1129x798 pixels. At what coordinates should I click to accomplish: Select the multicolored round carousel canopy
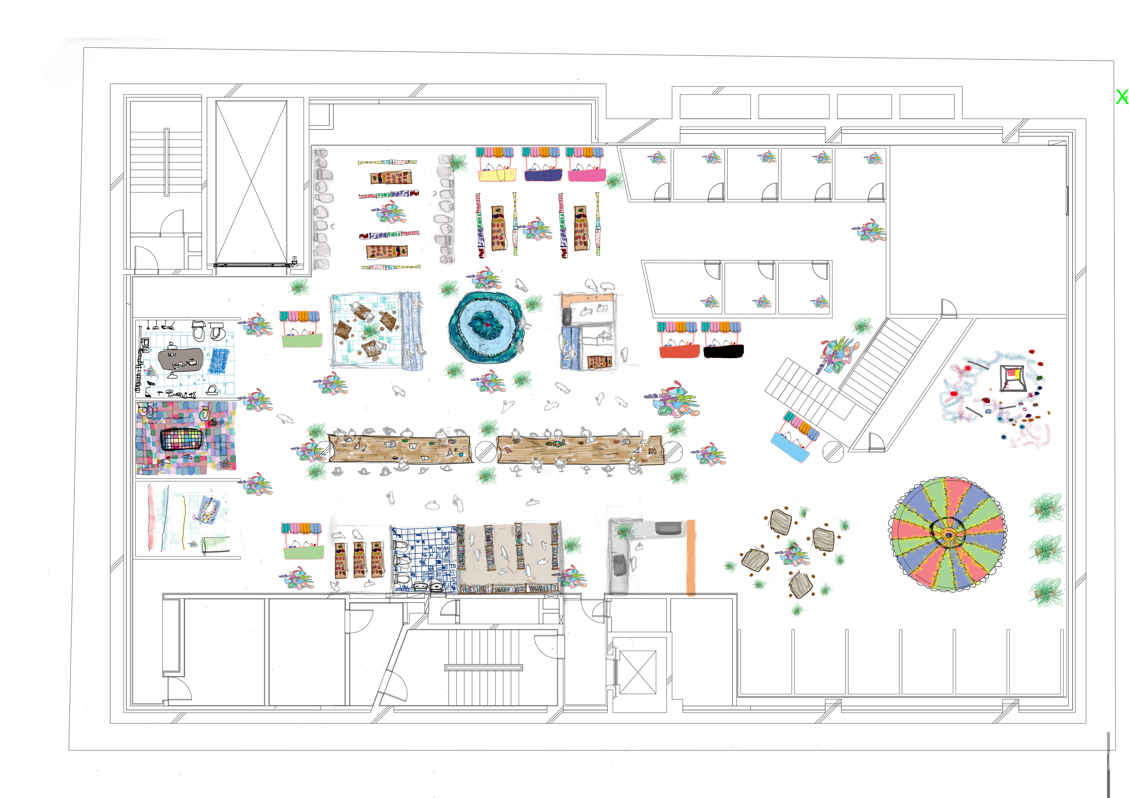(x=948, y=533)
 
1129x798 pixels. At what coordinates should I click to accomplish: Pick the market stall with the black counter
(x=723, y=351)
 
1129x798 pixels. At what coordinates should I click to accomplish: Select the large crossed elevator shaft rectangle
(x=251, y=182)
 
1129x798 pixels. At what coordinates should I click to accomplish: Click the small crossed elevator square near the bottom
(x=638, y=672)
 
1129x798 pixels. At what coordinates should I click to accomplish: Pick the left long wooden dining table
(x=399, y=449)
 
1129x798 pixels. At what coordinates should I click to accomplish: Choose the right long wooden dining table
(x=580, y=449)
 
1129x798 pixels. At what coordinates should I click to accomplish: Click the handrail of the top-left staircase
(x=167, y=162)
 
